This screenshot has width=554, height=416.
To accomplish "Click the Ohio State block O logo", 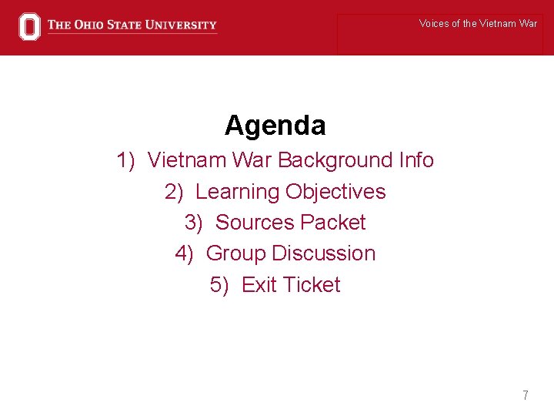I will (28, 26).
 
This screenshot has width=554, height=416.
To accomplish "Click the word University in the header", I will (179, 25).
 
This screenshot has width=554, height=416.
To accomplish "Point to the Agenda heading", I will (275, 125).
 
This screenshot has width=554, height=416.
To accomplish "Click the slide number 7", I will (526, 396).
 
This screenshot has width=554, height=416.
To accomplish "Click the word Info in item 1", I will (416, 160).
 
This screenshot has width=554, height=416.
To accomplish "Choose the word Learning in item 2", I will (237, 191).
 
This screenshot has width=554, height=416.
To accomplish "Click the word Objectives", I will (335, 191).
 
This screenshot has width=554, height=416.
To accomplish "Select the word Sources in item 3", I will (255, 223).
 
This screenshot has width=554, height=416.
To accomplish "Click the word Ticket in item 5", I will (311, 285).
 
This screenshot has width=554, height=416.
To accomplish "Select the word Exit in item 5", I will (259, 285).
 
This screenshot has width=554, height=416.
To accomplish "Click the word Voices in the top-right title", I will (434, 24).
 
